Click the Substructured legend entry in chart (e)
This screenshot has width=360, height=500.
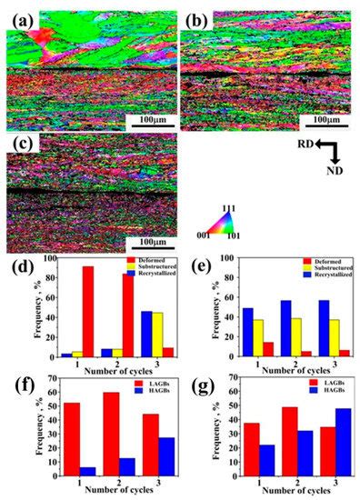[x=315, y=268]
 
